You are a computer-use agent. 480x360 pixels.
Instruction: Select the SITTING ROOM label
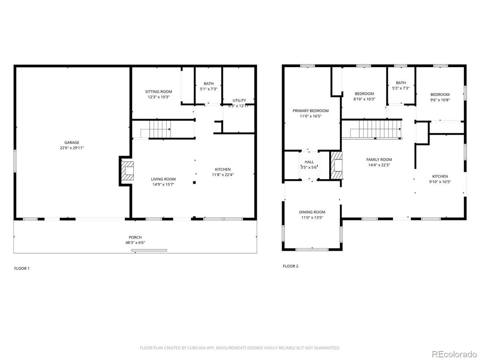point(159,91)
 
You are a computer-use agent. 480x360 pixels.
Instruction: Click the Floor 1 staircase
point(157,129)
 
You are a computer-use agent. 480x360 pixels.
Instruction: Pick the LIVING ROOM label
point(163,179)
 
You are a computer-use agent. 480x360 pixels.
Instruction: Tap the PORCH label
point(135,237)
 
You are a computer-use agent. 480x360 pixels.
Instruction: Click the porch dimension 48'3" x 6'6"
point(135,243)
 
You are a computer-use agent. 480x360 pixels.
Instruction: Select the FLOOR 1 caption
point(22,268)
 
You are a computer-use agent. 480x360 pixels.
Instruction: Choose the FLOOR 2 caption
point(290,266)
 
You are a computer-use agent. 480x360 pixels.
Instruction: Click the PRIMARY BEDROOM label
point(310,111)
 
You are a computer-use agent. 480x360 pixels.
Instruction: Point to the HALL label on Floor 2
point(309,162)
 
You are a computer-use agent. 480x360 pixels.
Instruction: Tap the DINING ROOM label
point(312,212)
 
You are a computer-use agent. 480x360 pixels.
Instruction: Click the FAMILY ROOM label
point(379,159)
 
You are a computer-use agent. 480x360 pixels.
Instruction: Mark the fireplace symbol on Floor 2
point(337,166)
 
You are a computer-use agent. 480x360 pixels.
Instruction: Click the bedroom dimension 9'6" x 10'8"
point(440,100)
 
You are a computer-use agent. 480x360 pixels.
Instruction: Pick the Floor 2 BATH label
point(401,83)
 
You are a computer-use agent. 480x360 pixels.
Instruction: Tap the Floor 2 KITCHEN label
point(440,176)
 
